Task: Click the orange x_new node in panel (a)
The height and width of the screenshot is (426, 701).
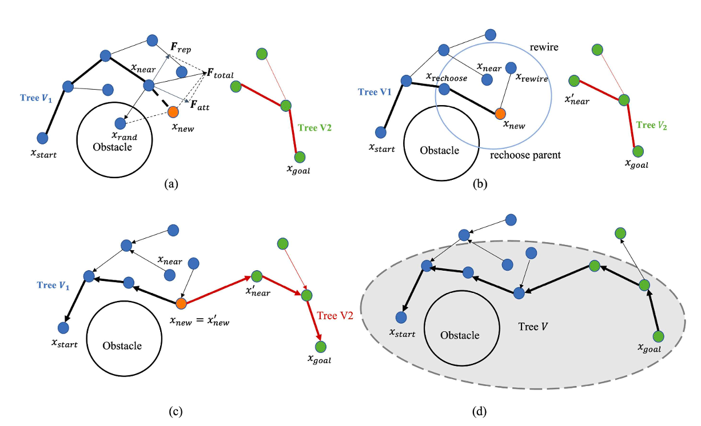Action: click(x=173, y=111)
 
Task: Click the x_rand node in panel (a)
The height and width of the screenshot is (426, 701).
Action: click(x=120, y=123)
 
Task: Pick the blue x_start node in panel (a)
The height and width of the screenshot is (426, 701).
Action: click(x=42, y=138)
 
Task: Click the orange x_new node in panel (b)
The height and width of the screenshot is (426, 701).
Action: click(x=500, y=113)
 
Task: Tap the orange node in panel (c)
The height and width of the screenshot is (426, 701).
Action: click(x=181, y=303)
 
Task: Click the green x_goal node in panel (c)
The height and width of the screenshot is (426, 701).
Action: click(x=320, y=346)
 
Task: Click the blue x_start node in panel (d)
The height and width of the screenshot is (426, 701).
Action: click(x=401, y=317)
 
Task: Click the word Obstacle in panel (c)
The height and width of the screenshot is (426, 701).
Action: click(x=122, y=345)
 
